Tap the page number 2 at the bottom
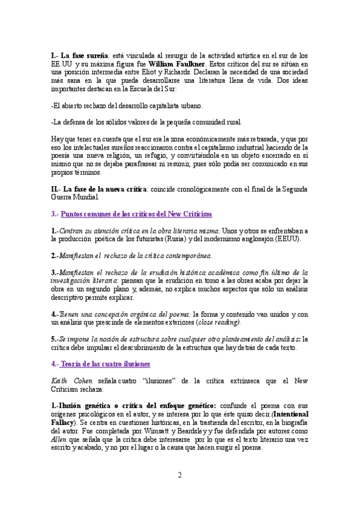[x=179, y=476]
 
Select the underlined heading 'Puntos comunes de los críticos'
[x=136, y=214]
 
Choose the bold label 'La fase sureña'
[x=77, y=55]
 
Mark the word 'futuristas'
[x=133, y=239]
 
